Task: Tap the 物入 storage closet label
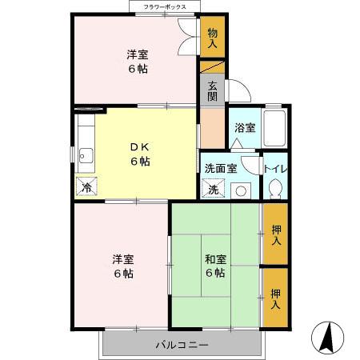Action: [x=212, y=38]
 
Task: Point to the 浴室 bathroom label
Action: [x=244, y=127]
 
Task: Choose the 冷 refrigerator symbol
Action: [x=86, y=187]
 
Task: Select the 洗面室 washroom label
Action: [x=220, y=169]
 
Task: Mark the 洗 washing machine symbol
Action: [x=214, y=190]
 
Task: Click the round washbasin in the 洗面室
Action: [x=241, y=190]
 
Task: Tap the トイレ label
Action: [x=275, y=169]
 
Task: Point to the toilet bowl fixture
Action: [x=275, y=189]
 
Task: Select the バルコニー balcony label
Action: [x=182, y=346]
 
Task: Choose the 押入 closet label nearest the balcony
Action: [x=275, y=299]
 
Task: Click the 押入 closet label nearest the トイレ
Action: [x=275, y=235]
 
